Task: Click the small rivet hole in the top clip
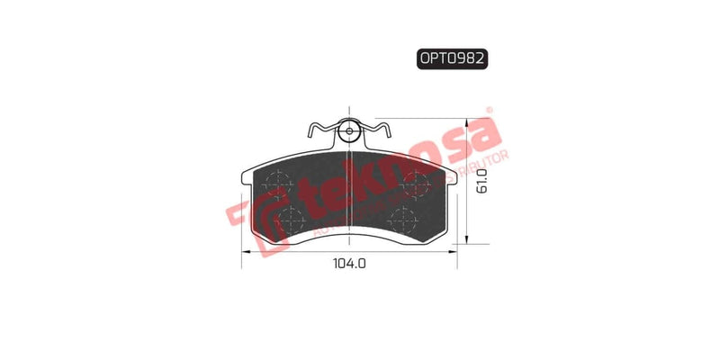coord(349,132)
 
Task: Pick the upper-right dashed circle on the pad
coord(418,182)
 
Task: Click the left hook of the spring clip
coord(311,130)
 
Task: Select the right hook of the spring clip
coord(385,130)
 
